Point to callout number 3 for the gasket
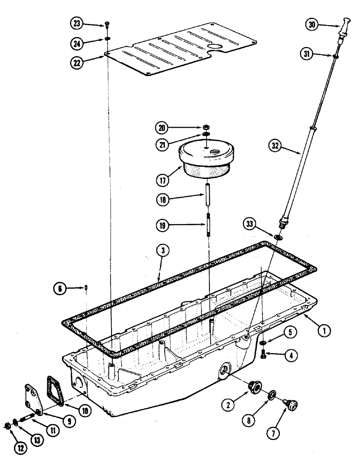pyautogui.click(x=160, y=251)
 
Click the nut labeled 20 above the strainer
pyautogui.click(x=206, y=127)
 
